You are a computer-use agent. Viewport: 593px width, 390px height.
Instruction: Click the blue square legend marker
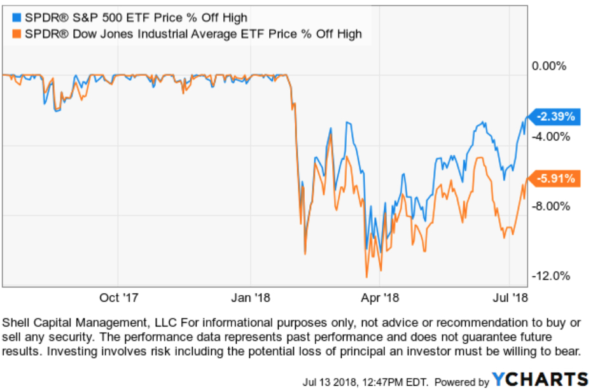[x=16, y=17]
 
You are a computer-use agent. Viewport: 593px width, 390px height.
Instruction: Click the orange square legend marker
[x=16, y=33]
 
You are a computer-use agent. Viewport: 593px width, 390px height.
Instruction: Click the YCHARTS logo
[x=540, y=380]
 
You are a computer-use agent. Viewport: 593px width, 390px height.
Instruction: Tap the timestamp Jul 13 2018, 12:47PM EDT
[x=365, y=382]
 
